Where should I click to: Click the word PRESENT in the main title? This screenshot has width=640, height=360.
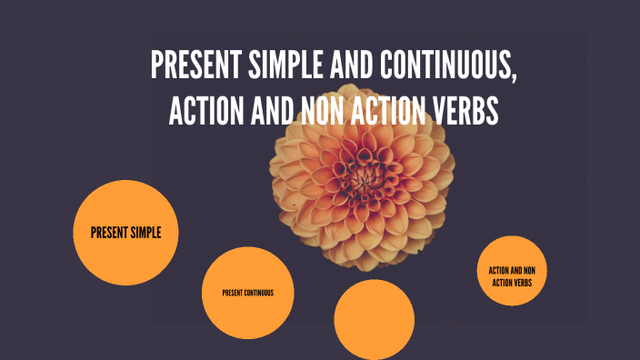click(189, 65)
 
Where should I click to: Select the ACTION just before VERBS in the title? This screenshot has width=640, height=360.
click(392, 111)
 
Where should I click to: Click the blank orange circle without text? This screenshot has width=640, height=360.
click(368, 318)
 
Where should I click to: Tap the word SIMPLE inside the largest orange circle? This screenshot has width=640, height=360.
click(144, 233)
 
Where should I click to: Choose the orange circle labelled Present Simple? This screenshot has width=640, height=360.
click(125, 233)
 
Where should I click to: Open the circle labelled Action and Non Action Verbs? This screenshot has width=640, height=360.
click(512, 276)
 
